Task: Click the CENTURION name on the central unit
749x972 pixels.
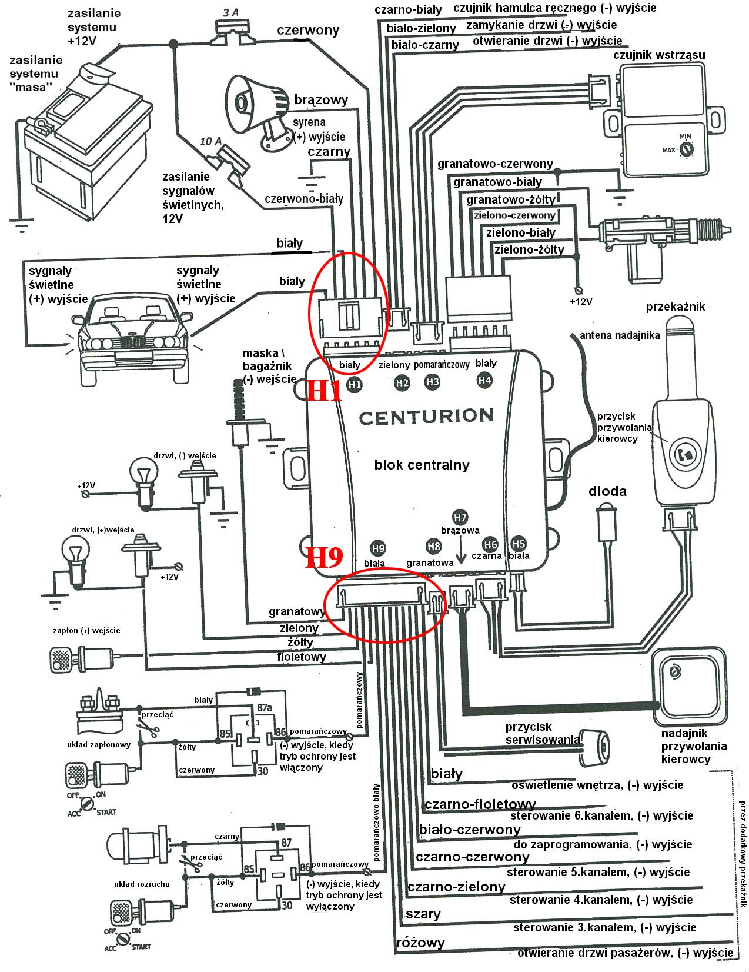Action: click(x=426, y=417)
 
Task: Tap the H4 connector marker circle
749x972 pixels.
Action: click(x=484, y=380)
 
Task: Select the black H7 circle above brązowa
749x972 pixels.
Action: click(x=460, y=518)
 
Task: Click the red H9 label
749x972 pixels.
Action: click(x=324, y=557)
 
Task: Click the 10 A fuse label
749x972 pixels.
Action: click(x=210, y=141)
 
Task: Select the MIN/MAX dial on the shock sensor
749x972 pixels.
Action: click(x=686, y=149)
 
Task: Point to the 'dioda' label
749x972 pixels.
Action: click(x=607, y=491)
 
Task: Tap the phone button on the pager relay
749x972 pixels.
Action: click(x=685, y=454)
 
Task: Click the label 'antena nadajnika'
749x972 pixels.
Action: click(x=620, y=335)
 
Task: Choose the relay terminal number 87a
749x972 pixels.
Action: click(x=264, y=707)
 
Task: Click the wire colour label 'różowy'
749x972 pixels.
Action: click(x=421, y=942)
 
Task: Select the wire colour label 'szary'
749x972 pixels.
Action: click(x=423, y=914)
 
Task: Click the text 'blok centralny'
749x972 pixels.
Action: click(x=422, y=465)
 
